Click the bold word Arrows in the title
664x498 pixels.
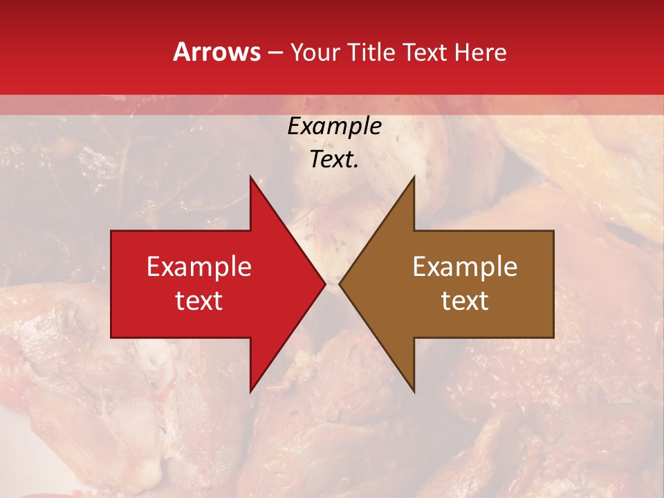point(217,52)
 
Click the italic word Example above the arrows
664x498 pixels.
point(335,127)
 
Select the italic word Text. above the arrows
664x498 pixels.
point(335,159)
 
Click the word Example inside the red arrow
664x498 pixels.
point(199,267)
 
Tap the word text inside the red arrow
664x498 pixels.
point(199,301)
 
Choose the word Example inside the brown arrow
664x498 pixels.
point(465,267)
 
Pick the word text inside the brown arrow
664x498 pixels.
point(465,301)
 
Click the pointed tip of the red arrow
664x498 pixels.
point(325,284)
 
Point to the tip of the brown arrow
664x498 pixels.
point(340,284)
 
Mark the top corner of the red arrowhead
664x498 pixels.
point(250,176)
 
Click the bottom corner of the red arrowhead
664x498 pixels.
point(250,392)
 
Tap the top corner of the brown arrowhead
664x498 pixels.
point(414,176)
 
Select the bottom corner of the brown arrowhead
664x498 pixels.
point(414,392)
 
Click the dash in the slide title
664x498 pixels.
point(275,53)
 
